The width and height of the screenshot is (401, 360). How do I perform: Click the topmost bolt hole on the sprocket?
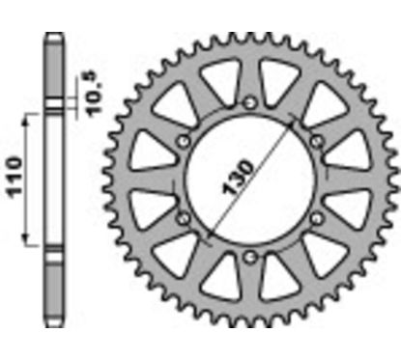click(249, 102)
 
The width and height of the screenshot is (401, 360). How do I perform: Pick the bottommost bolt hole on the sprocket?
click(249, 256)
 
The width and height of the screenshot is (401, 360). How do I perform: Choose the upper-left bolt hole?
click(183, 141)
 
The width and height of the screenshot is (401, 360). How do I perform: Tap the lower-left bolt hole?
click(183, 217)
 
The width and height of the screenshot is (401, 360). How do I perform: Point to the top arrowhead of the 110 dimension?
click(28, 113)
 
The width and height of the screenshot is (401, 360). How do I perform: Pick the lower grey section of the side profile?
click(55, 290)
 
